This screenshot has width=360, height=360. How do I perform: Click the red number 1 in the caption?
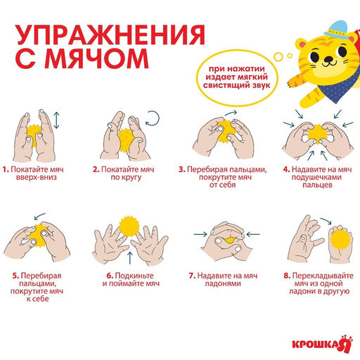click(x=4, y=169)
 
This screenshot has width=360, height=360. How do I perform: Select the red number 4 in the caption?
click(x=286, y=169)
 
